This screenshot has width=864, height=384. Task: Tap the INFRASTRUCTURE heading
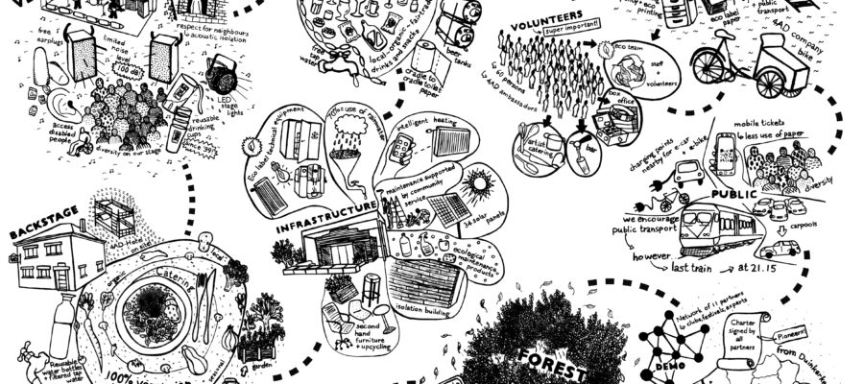[x=325, y=206]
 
